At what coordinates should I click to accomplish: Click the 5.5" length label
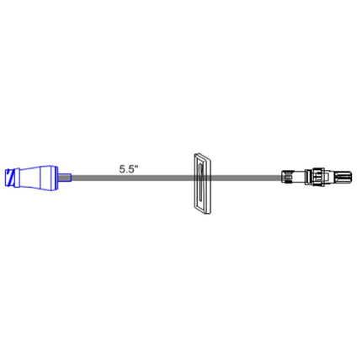[129, 167]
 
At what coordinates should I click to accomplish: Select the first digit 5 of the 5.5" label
[123, 167]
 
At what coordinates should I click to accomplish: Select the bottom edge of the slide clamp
[202, 210]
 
